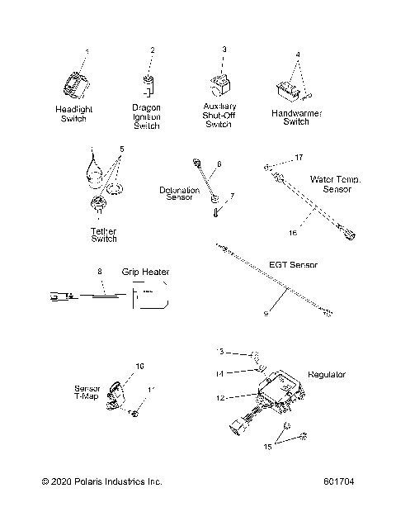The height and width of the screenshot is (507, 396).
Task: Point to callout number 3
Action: point(224,50)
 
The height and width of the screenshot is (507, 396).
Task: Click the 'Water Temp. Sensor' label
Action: point(336,183)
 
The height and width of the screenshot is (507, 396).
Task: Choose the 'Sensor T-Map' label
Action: point(88,390)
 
